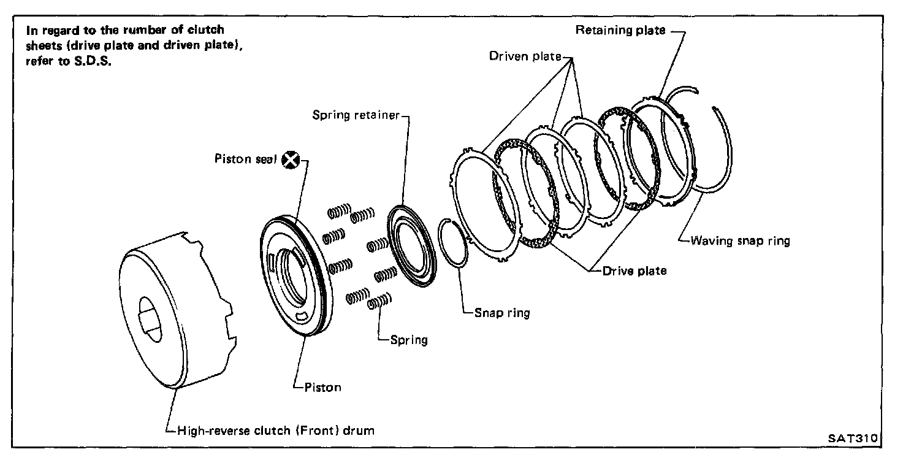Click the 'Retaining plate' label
(620, 30)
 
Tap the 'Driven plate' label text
(525, 56)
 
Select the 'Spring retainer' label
(356, 115)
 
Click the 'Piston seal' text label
(246, 159)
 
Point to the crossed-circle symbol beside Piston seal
(291, 160)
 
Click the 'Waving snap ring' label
(741, 241)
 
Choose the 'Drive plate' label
(634, 271)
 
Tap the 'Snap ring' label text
(502, 313)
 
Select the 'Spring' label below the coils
(409, 340)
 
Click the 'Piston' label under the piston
(322, 388)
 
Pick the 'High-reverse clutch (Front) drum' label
(276, 431)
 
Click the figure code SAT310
(853, 438)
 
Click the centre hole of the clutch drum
(150, 319)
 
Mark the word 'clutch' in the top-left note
(206, 29)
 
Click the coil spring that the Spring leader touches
(379, 301)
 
